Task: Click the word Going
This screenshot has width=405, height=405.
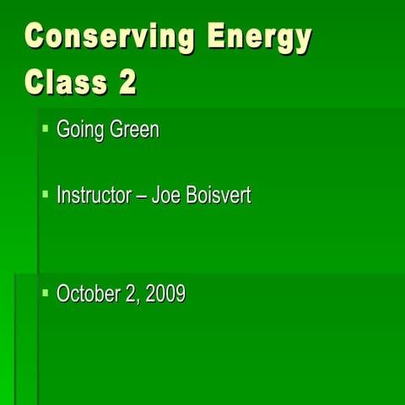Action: [78, 131]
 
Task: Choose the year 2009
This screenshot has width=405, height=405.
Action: [166, 294]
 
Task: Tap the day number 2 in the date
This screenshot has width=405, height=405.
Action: [132, 294]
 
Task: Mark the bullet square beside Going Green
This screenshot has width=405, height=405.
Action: [46, 128]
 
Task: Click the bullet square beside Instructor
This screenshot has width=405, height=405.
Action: [46, 194]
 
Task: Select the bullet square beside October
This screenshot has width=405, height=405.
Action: [46, 292]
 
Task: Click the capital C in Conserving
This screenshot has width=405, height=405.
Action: [36, 39]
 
